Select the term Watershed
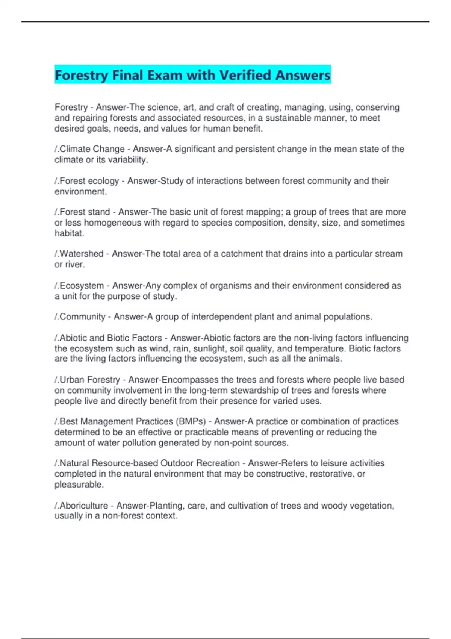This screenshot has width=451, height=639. pyautogui.click(x=81, y=254)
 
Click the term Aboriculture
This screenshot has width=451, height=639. pyautogui.click(x=83, y=506)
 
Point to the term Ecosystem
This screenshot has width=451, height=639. pyautogui.click(x=82, y=286)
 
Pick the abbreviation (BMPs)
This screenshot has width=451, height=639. pyautogui.click(x=191, y=421)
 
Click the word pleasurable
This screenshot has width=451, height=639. pyautogui.click(x=79, y=485)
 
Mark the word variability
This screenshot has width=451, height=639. pyautogui.click(x=127, y=160)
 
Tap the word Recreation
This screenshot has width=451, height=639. pyautogui.click(x=218, y=463)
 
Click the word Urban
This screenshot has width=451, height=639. pyautogui.click(x=72, y=380)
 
